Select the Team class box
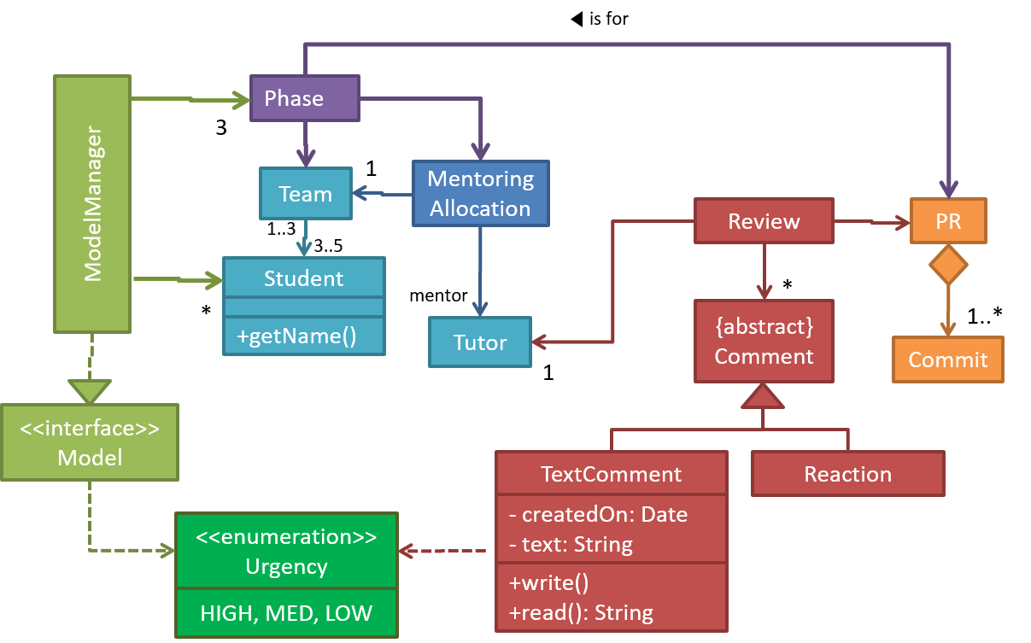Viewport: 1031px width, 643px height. point(305,194)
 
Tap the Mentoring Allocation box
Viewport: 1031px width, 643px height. point(480,194)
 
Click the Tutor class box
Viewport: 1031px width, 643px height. point(479,342)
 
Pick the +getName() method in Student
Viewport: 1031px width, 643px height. point(296,336)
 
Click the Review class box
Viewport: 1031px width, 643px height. point(764,221)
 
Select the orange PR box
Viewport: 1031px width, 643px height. point(948,221)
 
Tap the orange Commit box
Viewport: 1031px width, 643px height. point(947,359)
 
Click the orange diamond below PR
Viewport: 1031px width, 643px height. point(948,266)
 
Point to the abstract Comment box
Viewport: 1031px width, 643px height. point(764,342)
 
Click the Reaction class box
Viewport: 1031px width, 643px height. point(847,474)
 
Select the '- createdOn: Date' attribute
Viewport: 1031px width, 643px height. point(598,515)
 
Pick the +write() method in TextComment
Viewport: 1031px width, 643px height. point(549,584)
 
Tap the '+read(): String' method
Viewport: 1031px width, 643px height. point(581,612)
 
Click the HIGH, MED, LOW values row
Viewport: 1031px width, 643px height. point(286,613)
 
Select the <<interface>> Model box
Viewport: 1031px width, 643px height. point(90,442)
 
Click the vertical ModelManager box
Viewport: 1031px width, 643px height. point(92,204)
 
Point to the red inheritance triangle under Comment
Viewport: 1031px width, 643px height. point(763,396)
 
